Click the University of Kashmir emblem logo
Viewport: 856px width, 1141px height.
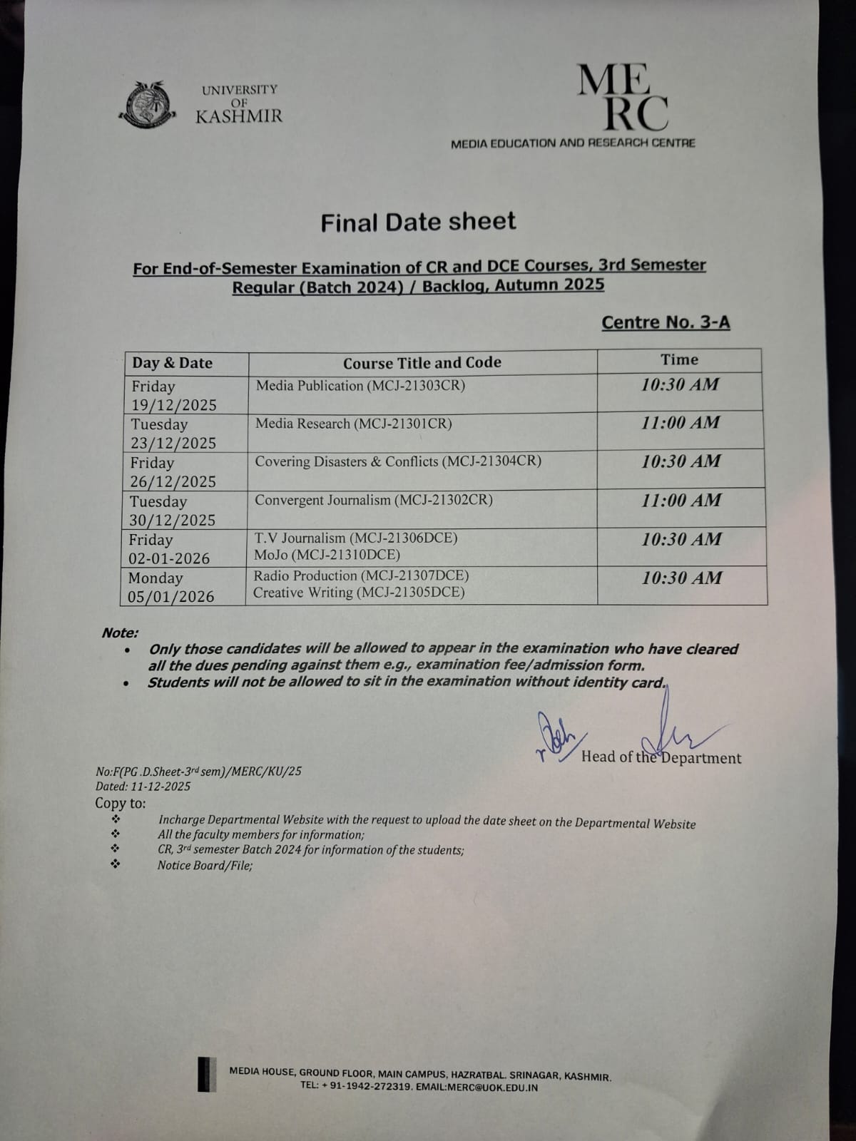point(148,106)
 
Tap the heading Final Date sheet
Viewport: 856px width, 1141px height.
point(418,222)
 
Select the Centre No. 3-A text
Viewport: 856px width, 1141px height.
point(666,322)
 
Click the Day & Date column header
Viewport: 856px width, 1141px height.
point(172,363)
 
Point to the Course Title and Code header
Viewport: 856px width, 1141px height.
point(422,363)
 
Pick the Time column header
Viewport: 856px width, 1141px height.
point(679,360)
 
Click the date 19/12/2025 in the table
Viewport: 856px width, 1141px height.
point(173,405)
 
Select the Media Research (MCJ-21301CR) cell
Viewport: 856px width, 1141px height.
point(354,424)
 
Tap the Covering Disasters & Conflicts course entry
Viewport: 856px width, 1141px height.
point(398,461)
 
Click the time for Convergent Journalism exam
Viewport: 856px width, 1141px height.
point(681,500)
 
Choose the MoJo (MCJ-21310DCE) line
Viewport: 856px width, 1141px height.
point(327,554)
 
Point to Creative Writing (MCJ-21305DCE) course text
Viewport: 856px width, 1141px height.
point(359,593)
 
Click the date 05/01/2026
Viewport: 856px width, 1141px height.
point(171,596)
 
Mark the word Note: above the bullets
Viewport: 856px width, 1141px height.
point(120,633)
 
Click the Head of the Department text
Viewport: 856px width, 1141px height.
point(661,757)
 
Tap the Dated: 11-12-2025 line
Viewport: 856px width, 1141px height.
point(143,787)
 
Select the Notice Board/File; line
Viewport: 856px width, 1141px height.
point(205,866)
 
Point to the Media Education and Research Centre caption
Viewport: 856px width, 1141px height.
point(572,143)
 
